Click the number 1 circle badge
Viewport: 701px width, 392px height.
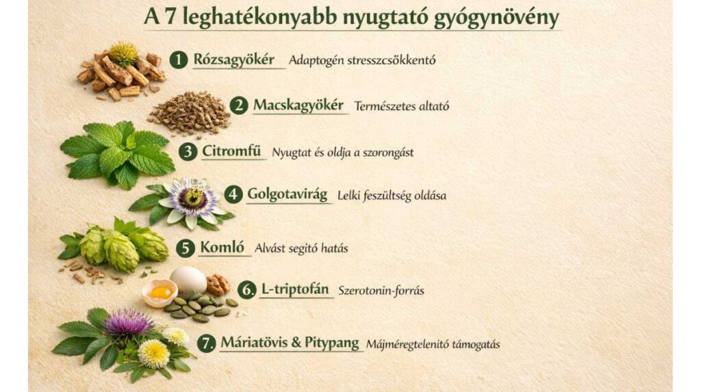click(179, 60)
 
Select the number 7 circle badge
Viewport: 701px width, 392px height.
click(207, 343)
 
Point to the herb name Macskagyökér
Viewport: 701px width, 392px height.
click(298, 106)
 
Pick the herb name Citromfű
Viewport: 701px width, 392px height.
click(233, 151)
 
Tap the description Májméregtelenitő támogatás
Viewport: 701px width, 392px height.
click(433, 344)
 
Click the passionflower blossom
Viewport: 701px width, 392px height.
click(193, 198)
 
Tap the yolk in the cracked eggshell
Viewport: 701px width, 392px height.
click(160, 292)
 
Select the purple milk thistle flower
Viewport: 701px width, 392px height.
click(128, 322)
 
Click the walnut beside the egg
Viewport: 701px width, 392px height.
click(218, 283)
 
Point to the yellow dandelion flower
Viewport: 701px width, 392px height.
click(153, 353)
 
